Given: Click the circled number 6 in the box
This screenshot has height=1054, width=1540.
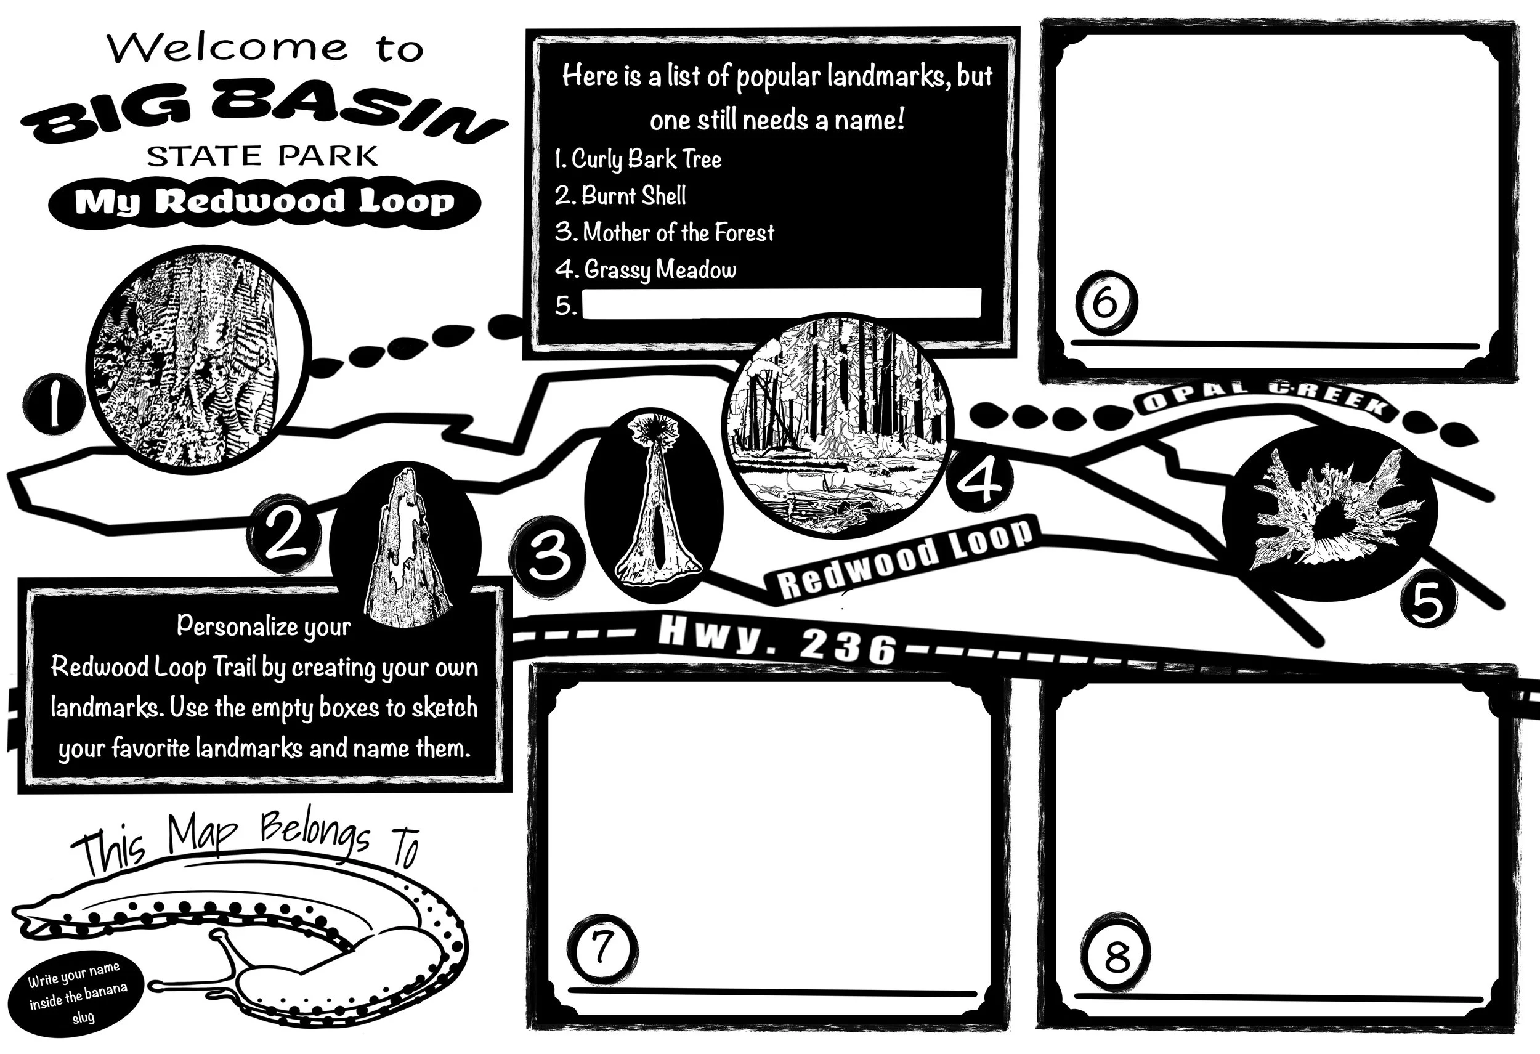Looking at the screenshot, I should pos(1104,304).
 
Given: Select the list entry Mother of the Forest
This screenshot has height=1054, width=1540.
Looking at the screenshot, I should pos(665,232).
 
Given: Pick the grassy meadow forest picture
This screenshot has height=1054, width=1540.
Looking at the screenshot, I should pos(838,424).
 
